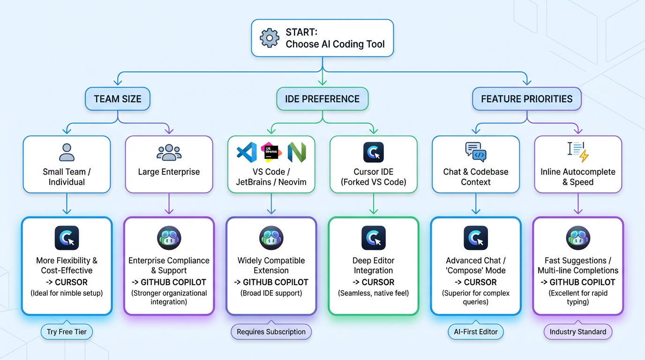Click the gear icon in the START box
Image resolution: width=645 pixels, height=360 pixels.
pos(270,38)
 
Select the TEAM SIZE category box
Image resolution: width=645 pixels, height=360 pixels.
pos(118,99)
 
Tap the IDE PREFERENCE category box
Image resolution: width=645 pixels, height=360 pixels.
pos(322,99)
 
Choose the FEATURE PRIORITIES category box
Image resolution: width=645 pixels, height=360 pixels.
pos(526,99)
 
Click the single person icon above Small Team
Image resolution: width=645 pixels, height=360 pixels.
pos(67,152)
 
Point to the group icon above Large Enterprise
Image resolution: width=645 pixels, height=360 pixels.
pos(169,152)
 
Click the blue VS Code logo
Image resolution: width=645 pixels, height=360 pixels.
pos(247,152)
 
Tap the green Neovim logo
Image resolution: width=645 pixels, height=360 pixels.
pos(296,152)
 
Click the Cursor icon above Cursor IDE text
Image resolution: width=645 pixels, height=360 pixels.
pos(374,152)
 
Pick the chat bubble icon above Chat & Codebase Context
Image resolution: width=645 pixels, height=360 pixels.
pos(475,152)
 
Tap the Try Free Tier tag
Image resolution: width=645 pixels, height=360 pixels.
pos(67,332)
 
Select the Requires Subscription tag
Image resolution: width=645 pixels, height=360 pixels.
pos(271,332)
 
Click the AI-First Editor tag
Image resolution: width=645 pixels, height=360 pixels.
pos(475,332)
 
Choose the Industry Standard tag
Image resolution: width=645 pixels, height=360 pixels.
pos(577,332)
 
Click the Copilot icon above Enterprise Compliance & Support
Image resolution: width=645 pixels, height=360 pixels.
pos(169,238)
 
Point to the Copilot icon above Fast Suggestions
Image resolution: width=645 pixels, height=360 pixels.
pos(578,238)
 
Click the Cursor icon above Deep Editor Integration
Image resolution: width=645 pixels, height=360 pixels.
pos(374,238)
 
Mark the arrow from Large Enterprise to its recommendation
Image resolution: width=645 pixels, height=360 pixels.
pos(169,204)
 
